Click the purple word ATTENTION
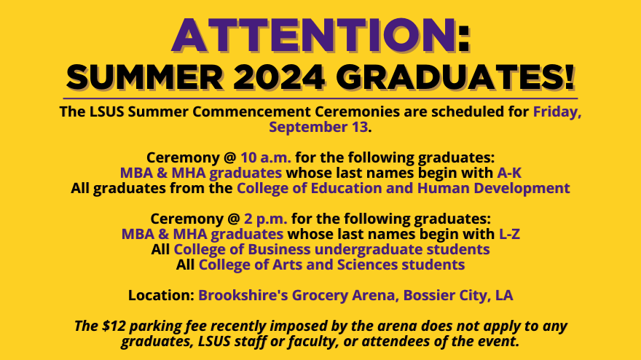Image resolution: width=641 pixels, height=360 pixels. click(313, 35)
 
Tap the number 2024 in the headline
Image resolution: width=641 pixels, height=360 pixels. click(279, 77)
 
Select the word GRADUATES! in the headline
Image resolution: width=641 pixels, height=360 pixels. click(455, 77)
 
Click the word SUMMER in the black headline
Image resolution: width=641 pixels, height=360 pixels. click(145, 77)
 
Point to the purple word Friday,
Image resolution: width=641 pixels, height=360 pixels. click(557, 111)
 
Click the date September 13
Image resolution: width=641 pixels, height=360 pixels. click(318, 127)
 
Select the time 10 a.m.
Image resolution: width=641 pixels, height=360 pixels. click(266, 157)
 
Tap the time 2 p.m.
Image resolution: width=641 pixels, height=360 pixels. click(265, 219)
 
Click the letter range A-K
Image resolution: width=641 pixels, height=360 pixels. click(509, 173)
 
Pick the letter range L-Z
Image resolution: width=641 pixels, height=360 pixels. click(509, 234)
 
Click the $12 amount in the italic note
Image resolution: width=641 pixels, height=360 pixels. click(114, 326)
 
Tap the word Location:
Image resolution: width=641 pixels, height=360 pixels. click(161, 295)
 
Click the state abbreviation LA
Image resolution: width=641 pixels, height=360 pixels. click(504, 295)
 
